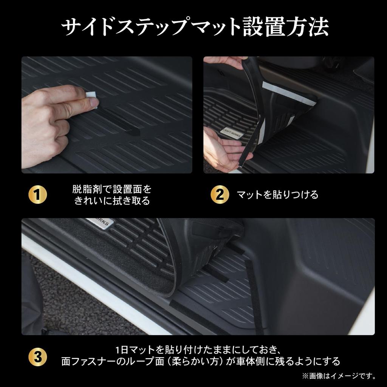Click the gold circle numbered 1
38,195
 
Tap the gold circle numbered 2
220,195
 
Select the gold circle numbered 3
38,357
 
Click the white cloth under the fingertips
92,99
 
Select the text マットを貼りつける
277,195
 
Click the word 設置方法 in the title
286,27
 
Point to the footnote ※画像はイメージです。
339,376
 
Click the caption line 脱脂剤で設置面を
111,189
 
